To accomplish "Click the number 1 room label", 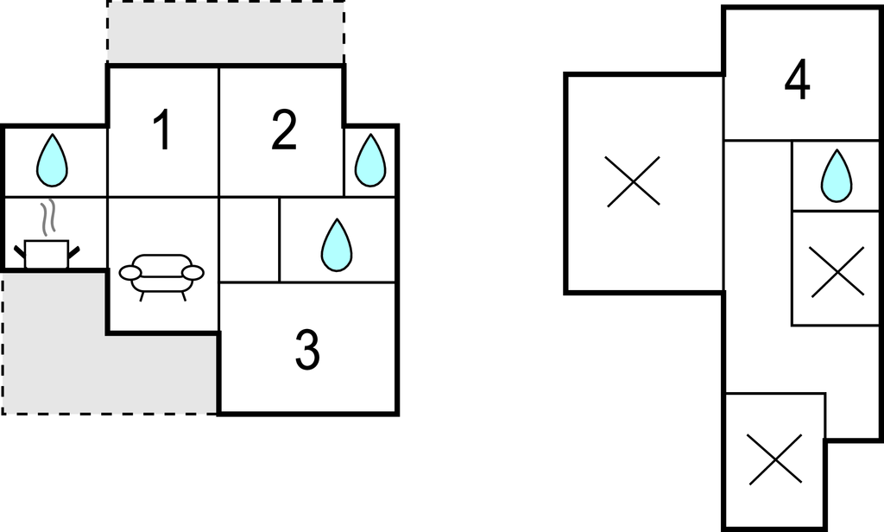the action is click(x=163, y=130).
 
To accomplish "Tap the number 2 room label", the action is click(x=283, y=130).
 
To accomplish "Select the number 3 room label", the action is click(x=308, y=350).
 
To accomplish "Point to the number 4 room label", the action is click(x=797, y=80).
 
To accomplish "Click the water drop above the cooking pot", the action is click(x=52, y=161).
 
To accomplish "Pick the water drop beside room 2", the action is click(x=370, y=161).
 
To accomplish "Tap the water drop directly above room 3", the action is click(x=337, y=245).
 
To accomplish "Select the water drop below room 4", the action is click(x=837, y=175).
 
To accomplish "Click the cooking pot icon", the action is click(x=47, y=255).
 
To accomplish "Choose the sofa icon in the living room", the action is click(x=161, y=277).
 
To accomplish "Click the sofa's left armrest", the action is click(x=129, y=273).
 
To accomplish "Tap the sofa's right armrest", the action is click(x=193, y=273).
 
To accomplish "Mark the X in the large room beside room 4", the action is click(x=633, y=181).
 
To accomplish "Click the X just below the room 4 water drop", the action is click(x=837, y=271).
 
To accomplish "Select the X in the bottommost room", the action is click(x=775, y=459).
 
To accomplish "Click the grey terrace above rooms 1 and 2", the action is click(x=225, y=32).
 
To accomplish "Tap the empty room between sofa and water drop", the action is click(x=249, y=239).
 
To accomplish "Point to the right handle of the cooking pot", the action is click(x=74, y=254).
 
